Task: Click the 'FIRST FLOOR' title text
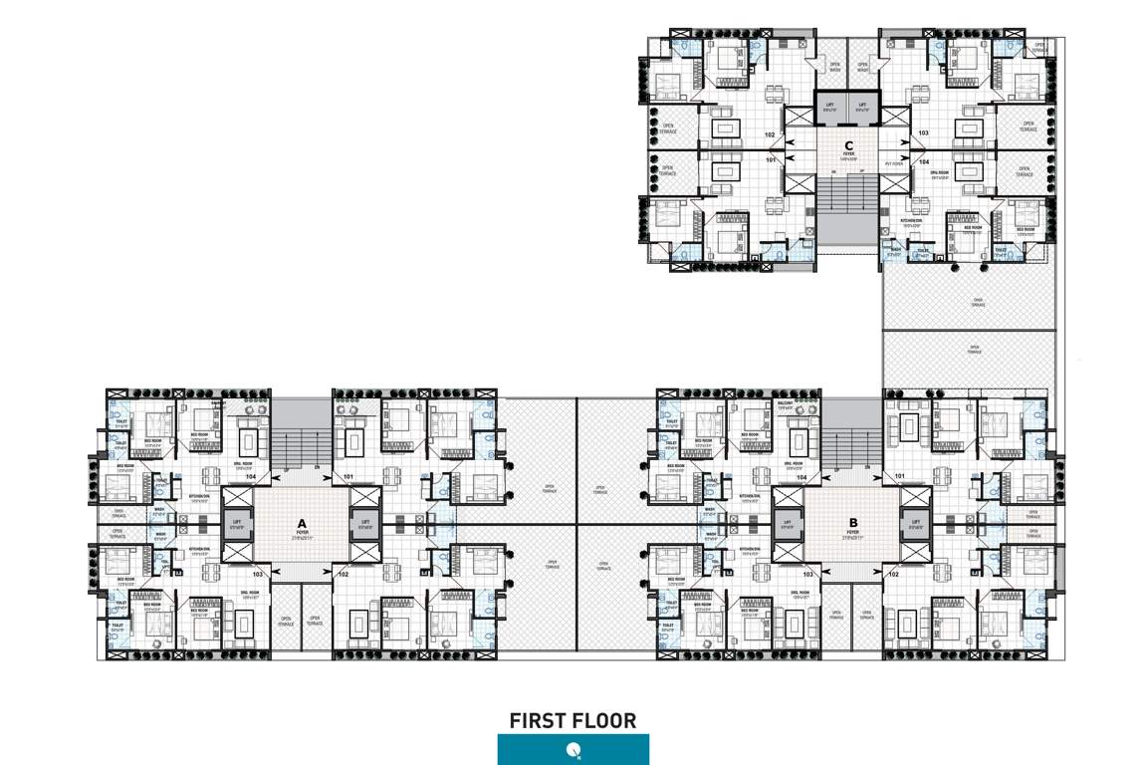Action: click(573, 720)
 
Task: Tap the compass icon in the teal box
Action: click(573, 749)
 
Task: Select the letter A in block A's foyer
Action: click(300, 522)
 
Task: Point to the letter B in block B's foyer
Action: click(853, 521)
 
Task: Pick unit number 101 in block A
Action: click(347, 478)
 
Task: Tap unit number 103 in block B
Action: click(808, 575)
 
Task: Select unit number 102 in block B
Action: click(893, 575)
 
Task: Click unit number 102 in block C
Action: click(770, 133)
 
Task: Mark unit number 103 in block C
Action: click(923, 132)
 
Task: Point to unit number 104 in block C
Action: click(923, 160)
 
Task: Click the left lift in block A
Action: click(237, 524)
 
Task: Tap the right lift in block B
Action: click(912, 524)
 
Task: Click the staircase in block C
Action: click(848, 204)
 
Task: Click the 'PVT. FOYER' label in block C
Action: click(893, 164)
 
